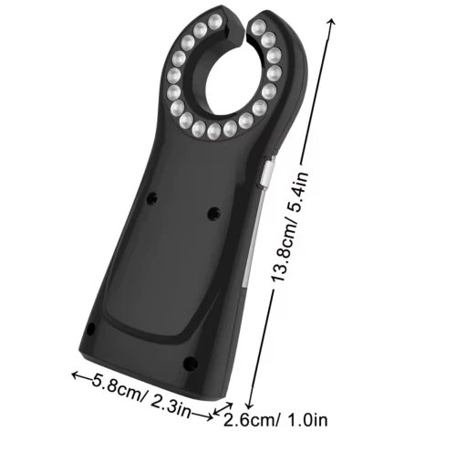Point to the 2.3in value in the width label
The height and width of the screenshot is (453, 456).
pos(171,405)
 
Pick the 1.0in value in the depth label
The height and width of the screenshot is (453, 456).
pos(306,420)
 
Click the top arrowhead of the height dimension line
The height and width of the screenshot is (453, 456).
pos(332,21)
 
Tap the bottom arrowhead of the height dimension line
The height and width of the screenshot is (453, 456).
pos(250,406)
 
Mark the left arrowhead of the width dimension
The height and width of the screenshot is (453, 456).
pos(76,375)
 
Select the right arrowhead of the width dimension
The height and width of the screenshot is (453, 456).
pos(209,416)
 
